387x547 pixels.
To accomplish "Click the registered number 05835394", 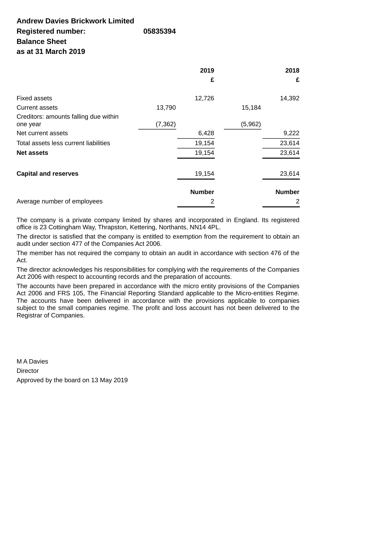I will tap(159, 31).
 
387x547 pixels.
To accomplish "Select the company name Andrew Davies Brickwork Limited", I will tap(75, 21).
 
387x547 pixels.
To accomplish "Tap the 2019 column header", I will tap(207, 71).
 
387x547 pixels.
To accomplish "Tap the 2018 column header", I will tap(292, 71).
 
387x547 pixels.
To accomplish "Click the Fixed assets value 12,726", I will tap(204, 98).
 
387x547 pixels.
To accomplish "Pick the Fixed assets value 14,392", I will tap(289, 98).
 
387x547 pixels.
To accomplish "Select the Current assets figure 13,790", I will tap(166, 108).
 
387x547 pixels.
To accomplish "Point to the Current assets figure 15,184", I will tap(251, 108).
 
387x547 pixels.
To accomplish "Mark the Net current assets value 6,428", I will tap(206, 133).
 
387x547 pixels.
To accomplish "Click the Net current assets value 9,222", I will tap(291, 133).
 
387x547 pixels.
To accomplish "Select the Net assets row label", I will tap(32, 153).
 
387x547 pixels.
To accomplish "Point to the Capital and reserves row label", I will tap(47, 174).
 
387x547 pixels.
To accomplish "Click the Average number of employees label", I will tap(60, 202).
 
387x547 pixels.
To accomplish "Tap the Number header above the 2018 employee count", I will tap(287, 192).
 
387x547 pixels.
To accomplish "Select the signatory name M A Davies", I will tap(32, 362).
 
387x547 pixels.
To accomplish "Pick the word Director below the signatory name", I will tap(27, 371).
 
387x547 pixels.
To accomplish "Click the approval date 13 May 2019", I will tap(109, 380).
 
